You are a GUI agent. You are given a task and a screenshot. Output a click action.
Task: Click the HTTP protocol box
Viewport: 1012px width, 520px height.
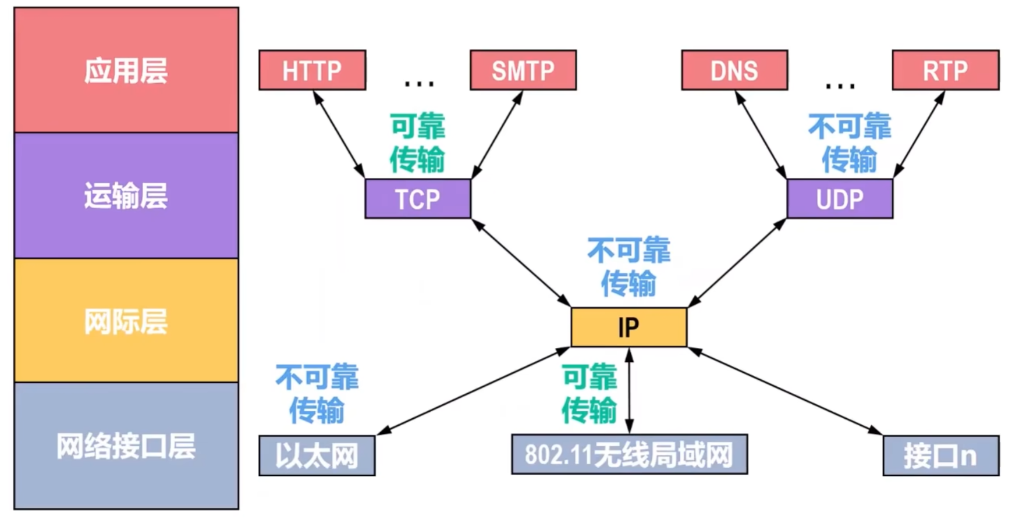(x=312, y=70)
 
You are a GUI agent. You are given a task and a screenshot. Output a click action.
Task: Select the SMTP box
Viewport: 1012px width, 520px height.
(x=523, y=70)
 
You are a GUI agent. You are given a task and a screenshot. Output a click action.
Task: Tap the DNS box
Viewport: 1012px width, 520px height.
(x=734, y=70)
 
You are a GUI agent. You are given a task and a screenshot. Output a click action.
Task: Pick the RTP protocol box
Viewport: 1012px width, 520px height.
(x=945, y=70)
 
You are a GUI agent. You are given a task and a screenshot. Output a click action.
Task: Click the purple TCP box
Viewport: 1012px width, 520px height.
(x=417, y=199)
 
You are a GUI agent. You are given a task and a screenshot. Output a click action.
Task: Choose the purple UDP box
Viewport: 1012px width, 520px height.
(x=839, y=199)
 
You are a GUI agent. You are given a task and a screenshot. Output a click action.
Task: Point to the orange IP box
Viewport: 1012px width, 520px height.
(x=628, y=327)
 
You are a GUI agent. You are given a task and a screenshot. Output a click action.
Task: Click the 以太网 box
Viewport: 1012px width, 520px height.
(x=317, y=455)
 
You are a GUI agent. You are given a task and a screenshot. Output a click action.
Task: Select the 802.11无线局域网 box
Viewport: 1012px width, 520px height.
(x=629, y=454)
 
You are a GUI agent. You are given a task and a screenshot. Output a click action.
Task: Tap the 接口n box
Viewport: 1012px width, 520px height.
(x=940, y=455)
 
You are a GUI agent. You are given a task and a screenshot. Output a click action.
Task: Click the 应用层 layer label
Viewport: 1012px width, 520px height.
(x=126, y=71)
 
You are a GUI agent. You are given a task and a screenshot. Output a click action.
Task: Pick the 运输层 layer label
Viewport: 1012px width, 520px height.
(x=126, y=195)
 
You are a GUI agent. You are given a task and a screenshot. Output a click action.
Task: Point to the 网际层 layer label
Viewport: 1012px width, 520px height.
(x=126, y=321)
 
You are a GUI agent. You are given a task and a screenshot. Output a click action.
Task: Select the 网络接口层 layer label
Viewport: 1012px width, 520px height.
(x=126, y=446)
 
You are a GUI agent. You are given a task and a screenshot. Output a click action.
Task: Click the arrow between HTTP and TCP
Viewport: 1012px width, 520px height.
(x=339, y=134)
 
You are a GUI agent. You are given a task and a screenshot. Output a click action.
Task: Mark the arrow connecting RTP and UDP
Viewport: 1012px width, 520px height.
(x=918, y=134)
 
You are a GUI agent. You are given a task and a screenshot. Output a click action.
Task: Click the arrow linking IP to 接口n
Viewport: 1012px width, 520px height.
(x=785, y=391)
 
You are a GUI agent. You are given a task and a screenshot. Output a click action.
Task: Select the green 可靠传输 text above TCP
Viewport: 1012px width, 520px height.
(x=417, y=143)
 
